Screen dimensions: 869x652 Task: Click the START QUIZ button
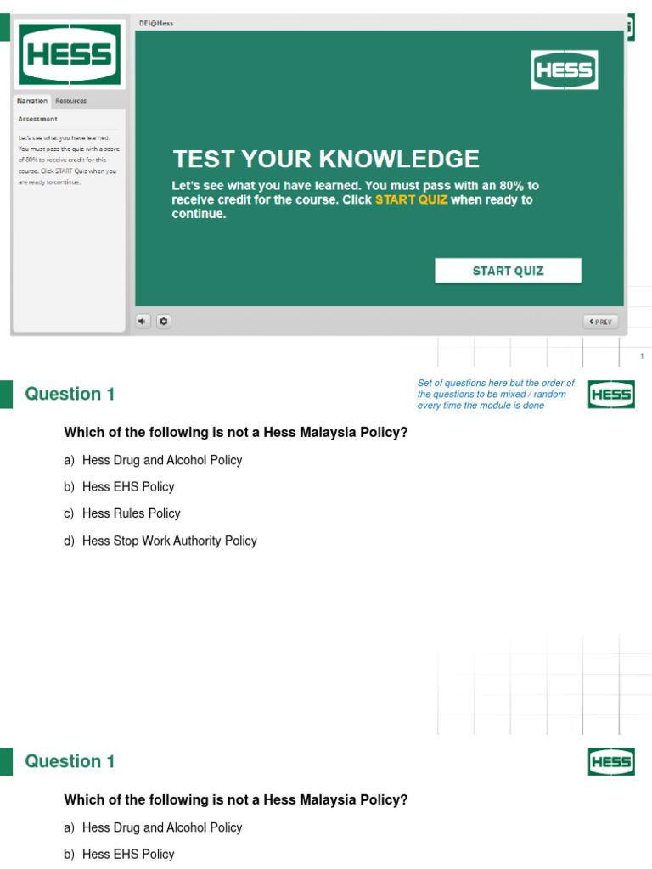click(x=508, y=271)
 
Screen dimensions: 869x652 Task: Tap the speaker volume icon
click(x=143, y=321)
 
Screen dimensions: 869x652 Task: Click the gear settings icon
click(x=164, y=321)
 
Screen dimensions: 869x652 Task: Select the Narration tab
click(x=32, y=101)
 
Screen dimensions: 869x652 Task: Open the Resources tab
click(x=70, y=101)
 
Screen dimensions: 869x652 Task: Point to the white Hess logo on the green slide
click(x=565, y=70)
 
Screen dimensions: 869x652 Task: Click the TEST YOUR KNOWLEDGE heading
click(x=326, y=159)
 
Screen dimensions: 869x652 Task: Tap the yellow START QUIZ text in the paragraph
click(x=411, y=200)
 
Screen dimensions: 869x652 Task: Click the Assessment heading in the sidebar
click(x=38, y=119)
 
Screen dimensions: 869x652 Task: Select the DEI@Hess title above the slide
click(x=156, y=24)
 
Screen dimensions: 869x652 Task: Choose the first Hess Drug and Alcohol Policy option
click(x=161, y=460)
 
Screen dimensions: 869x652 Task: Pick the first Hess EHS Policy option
click(x=127, y=486)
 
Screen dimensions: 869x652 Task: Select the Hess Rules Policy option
click(x=131, y=513)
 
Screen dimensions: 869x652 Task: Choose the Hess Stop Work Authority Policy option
click(x=169, y=541)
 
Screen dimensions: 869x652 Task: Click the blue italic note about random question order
click(x=496, y=394)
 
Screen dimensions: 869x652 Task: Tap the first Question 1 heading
click(x=70, y=394)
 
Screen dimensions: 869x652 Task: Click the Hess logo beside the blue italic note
click(x=611, y=395)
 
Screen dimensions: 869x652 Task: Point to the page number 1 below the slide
click(x=642, y=356)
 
